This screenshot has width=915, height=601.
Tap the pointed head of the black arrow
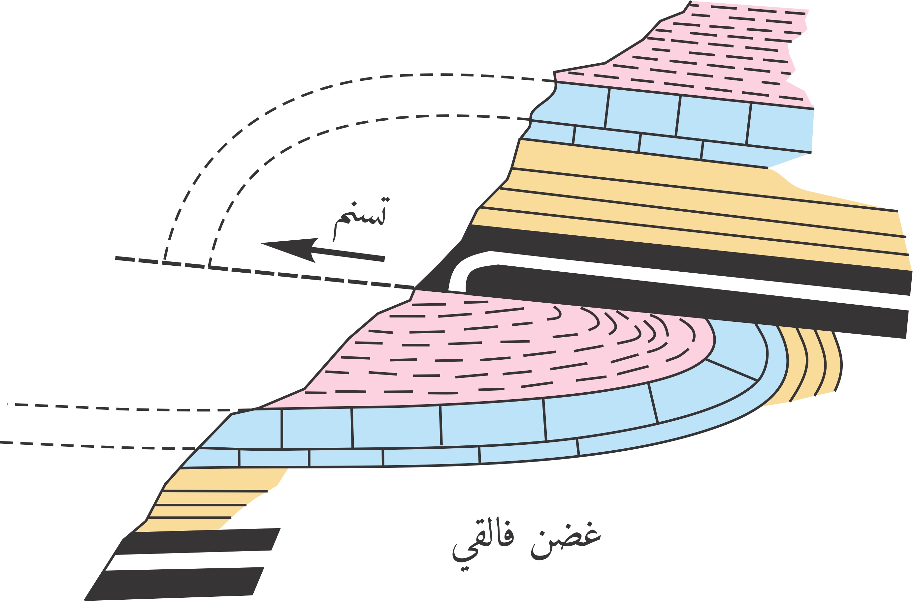coord(261,243)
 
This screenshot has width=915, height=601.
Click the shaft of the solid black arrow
coord(348,254)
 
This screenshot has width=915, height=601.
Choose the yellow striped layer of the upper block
coord(692,207)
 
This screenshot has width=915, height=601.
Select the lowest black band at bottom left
coord(173,584)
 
